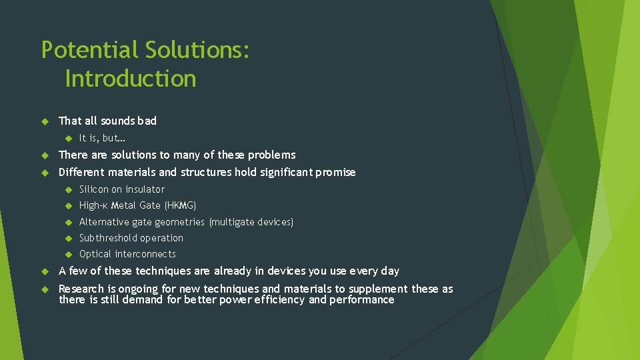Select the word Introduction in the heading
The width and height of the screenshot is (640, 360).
pos(131,79)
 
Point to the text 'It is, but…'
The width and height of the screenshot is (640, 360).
pos(102,138)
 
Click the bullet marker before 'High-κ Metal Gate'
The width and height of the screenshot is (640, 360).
pos(67,205)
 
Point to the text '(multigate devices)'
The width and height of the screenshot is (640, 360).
pos(251,222)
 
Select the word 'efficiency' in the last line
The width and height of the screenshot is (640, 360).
pos(278,300)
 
